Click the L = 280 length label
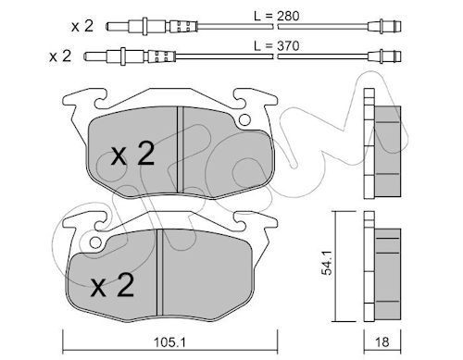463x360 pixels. click(x=277, y=16)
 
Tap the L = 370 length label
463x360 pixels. click(x=277, y=46)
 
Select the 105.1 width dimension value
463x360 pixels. click(x=170, y=342)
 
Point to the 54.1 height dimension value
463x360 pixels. click(x=327, y=263)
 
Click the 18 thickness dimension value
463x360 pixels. click(x=382, y=342)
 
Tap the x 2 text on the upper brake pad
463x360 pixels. click(x=132, y=155)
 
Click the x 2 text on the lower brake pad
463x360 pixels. click(x=112, y=285)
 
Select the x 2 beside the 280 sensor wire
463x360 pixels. click(x=82, y=27)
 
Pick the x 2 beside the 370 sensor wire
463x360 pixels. click(x=60, y=56)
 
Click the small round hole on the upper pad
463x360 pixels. click(x=244, y=119)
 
